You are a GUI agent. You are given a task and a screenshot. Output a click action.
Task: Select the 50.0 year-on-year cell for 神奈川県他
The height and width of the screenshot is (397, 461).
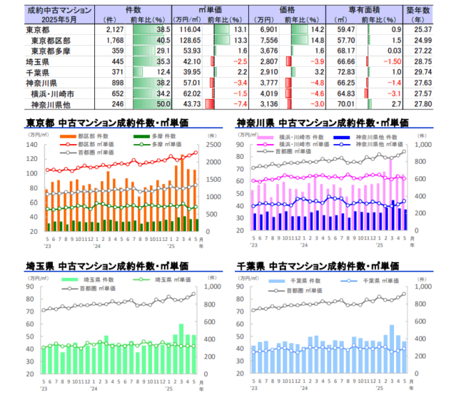point(162,104)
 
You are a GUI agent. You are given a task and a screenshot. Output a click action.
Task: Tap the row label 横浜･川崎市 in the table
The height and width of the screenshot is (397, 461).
point(52,93)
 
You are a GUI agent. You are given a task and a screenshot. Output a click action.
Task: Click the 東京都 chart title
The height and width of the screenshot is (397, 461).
point(107,123)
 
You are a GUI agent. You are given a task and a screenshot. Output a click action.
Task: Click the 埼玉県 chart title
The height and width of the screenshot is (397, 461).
point(107,265)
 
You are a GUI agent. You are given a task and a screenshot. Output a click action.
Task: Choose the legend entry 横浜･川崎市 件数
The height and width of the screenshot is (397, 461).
point(293,136)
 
